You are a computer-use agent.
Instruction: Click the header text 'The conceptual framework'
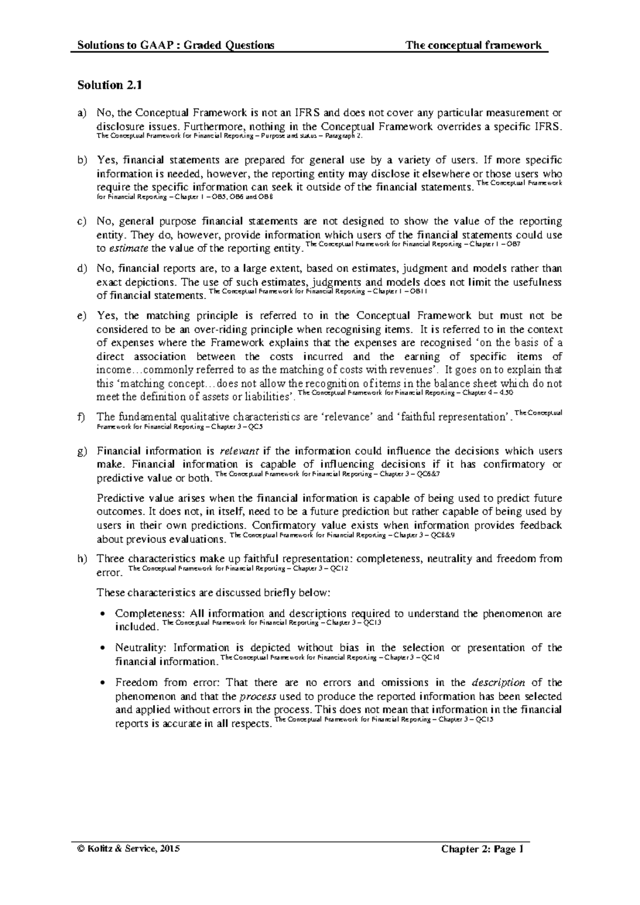[474, 45]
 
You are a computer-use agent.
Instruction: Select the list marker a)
[82, 113]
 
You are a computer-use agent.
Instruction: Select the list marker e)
[82, 316]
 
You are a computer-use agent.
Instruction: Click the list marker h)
[82, 559]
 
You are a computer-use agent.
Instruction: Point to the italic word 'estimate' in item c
[129, 249]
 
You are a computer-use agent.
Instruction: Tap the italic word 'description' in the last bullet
[499, 682]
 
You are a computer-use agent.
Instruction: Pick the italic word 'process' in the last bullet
[258, 696]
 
